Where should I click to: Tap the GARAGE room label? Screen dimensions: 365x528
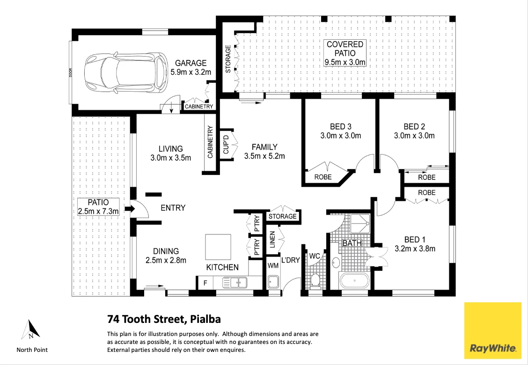click(x=191, y=63)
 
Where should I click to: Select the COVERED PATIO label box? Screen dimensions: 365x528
click(x=345, y=53)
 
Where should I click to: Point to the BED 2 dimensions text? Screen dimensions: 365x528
click(x=414, y=136)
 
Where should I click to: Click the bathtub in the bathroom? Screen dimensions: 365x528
click(x=354, y=282)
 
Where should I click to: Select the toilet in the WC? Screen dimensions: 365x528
click(x=315, y=280)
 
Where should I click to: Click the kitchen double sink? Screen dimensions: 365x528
click(x=235, y=282)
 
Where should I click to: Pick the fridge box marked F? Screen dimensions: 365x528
click(x=204, y=283)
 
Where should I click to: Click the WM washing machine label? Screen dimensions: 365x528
click(x=273, y=265)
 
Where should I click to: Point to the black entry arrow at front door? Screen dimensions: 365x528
click(x=128, y=209)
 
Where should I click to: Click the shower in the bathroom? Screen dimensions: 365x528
click(x=360, y=224)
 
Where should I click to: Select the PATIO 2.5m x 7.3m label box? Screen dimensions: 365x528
click(x=98, y=207)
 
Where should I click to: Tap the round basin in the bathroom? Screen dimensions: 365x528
click(x=336, y=263)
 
